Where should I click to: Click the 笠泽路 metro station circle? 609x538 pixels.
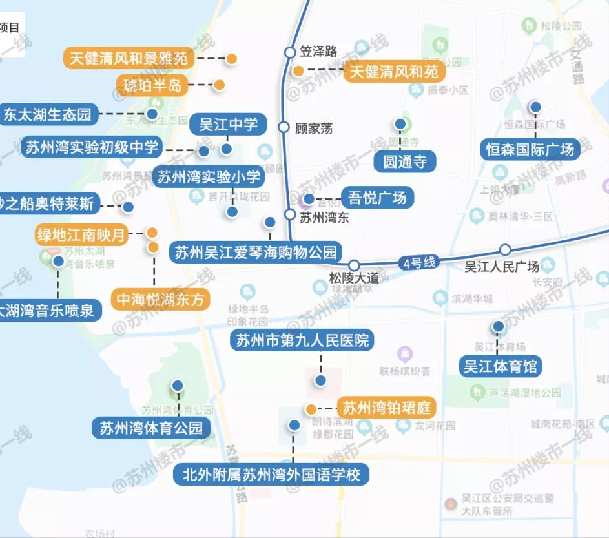click(x=290, y=52)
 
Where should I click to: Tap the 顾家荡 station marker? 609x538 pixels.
click(x=284, y=127)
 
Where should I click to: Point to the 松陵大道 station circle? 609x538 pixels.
click(x=353, y=265)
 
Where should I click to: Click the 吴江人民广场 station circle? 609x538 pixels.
click(x=505, y=250)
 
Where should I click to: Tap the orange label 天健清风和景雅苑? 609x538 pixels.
click(x=129, y=58)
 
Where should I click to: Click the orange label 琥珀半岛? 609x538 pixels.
click(x=153, y=85)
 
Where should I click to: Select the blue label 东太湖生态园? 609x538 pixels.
click(x=48, y=116)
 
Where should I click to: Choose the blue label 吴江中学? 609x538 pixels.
click(x=228, y=125)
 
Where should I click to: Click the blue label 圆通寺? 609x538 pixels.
click(x=406, y=161)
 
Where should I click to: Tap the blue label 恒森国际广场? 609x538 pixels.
click(x=530, y=149)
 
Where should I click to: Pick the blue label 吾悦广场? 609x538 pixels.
click(x=377, y=197)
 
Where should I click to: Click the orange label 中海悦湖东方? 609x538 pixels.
click(x=161, y=300)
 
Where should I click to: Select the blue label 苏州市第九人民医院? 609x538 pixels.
click(x=302, y=340)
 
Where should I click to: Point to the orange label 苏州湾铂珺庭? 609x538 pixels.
click(x=386, y=408)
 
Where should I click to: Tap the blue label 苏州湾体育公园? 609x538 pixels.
click(x=151, y=428)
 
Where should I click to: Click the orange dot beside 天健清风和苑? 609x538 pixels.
click(x=298, y=71)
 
